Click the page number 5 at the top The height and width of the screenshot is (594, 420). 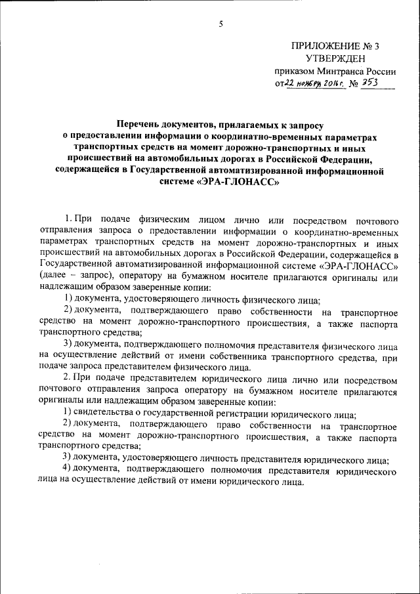[221, 24]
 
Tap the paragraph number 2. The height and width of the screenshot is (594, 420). [66, 379]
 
